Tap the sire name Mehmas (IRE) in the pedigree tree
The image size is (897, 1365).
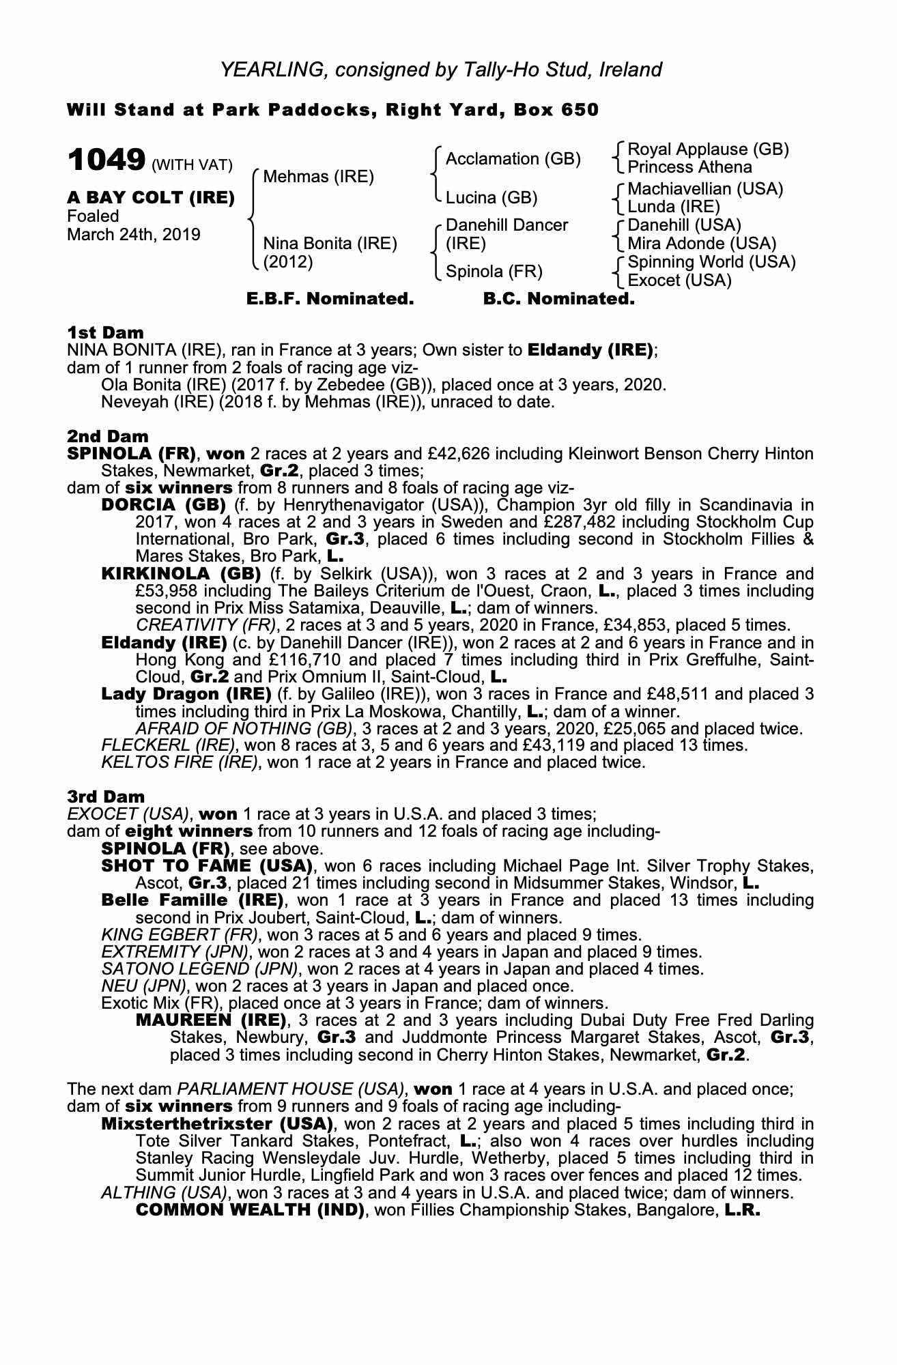[318, 177]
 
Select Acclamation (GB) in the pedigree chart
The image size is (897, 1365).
[513, 159]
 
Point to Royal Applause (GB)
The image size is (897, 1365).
[708, 149]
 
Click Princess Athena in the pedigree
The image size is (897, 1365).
[689, 167]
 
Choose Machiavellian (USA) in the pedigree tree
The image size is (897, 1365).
[705, 188]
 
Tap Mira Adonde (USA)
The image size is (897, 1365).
[702, 244]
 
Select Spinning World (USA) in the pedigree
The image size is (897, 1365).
[711, 262]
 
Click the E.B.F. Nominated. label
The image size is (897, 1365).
[330, 299]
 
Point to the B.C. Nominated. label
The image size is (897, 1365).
[558, 299]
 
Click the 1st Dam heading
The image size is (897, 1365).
[105, 333]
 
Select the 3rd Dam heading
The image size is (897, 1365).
[106, 796]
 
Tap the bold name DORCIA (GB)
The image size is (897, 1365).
[163, 506]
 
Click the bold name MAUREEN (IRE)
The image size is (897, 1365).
[211, 1021]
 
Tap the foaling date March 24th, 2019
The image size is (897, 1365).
[134, 235]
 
